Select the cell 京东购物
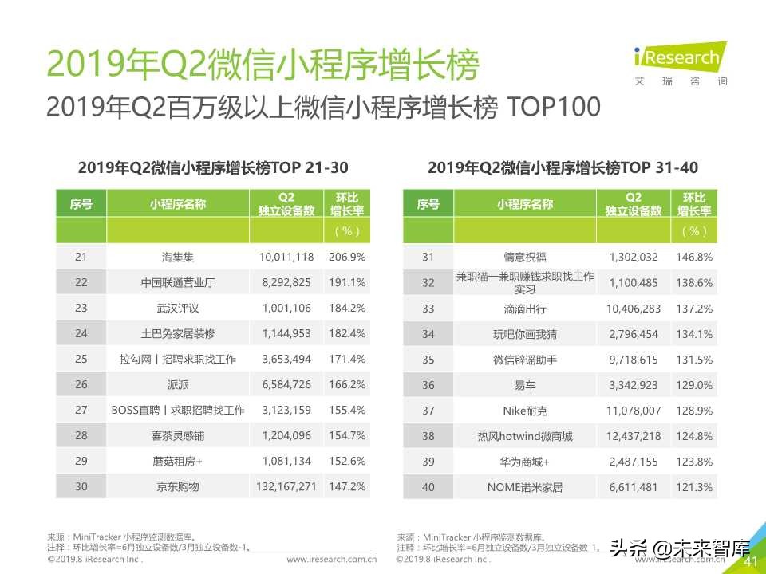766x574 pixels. (177, 486)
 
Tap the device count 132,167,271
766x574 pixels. (286, 486)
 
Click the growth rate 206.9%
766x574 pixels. (346, 258)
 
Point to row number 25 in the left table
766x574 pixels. (81, 360)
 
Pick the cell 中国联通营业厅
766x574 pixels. (177, 283)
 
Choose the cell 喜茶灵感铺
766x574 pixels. (177, 436)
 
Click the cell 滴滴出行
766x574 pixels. (524, 309)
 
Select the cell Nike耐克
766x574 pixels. (524, 411)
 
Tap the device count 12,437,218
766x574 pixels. (634, 436)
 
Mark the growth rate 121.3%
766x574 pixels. (693, 486)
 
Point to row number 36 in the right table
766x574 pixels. (428, 385)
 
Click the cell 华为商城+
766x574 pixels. (524, 462)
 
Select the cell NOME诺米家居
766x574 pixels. (524, 486)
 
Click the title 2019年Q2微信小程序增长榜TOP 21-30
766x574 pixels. (213, 168)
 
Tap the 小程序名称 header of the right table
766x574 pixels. (524, 204)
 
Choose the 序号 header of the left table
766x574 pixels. (81, 204)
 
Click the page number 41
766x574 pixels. (750, 562)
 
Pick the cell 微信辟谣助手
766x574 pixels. (524, 360)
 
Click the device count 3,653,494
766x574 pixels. (286, 360)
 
